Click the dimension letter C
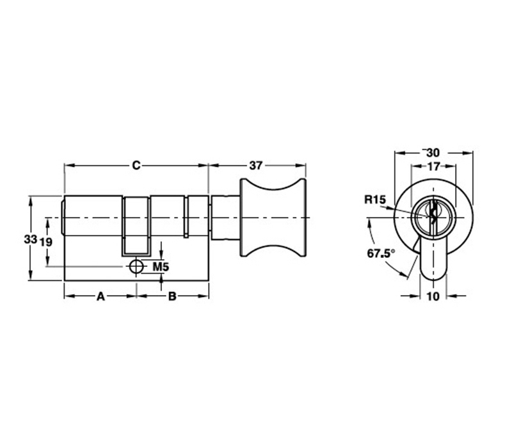click(x=136, y=166)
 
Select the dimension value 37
click(x=256, y=166)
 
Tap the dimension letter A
click(x=101, y=296)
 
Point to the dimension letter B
click(x=172, y=296)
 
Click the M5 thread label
click(x=161, y=267)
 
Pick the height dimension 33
click(x=30, y=239)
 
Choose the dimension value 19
click(x=46, y=242)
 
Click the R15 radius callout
click(x=375, y=200)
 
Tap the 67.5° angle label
click(x=381, y=253)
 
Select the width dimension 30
click(x=433, y=152)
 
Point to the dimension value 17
click(x=434, y=166)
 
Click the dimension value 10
click(x=433, y=296)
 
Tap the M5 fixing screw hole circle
click(x=136, y=267)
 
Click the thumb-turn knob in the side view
click(x=273, y=218)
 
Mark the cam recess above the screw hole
click(x=136, y=226)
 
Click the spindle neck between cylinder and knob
click(x=226, y=218)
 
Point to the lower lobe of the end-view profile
click(x=433, y=259)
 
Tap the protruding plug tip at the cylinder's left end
click(x=63, y=218)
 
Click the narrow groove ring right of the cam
click(x=186, y=217)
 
